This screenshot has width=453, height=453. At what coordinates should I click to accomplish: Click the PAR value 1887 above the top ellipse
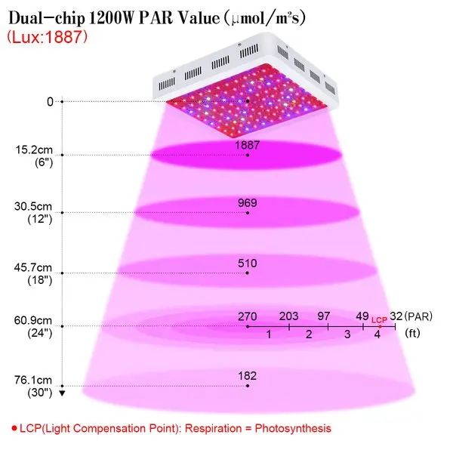pos(248,145)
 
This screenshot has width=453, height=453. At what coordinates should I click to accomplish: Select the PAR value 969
pos(248,203)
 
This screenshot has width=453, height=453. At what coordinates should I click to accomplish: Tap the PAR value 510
pos(248,263)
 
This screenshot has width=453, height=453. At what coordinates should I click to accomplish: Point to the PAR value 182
pos(248,376)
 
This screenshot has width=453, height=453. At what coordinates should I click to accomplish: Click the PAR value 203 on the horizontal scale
pos(288,316)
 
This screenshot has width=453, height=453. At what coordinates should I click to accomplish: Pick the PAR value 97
pos(324,316)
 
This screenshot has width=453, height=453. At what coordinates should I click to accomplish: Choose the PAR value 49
pos(362,316)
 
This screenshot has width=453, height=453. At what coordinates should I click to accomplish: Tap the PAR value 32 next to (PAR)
pos(396,316)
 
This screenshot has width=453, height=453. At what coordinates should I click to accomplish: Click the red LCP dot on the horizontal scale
pos(380,327)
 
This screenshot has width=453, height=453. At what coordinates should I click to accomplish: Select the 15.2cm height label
pos(34,150)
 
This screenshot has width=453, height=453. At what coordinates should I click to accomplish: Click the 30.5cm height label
pos(33,207)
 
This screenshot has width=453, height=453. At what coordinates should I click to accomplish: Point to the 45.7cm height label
pos(33,267)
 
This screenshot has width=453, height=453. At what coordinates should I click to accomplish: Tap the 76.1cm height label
pos(33,381)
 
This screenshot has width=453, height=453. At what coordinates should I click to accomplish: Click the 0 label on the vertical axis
pos(51,102)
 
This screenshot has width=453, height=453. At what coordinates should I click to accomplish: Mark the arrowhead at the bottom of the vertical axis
pos(62,393)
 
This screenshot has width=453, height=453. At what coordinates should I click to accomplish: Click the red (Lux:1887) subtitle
pos(47,37)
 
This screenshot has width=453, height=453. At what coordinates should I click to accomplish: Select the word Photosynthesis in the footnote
pos(293,428)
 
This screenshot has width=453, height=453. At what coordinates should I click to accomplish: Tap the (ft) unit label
pos(412,333)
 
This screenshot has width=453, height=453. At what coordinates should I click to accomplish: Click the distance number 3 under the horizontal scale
pos(347,334)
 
